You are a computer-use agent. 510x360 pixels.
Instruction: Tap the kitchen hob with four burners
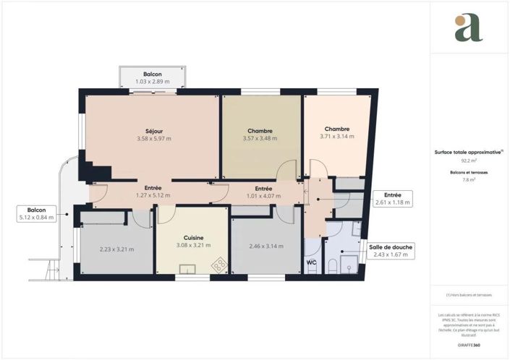pyautogui.click(x=217, y=266)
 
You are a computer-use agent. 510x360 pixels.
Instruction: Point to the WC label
pyautogui.click(x=312, y=262)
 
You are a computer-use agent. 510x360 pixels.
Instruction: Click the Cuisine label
pyautogui.click(x=193, y=237)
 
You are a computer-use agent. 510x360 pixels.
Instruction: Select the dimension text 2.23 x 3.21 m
pyautogui.click(x=116, y=249)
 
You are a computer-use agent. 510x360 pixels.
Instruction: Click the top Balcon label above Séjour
pyautogui.click(x=152, y=74)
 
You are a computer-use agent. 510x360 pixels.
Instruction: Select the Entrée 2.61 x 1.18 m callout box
pyautogui.click(x=392, y=199)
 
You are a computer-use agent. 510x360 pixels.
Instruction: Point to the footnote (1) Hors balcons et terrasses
pyautogui.click(x=469, y=297)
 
